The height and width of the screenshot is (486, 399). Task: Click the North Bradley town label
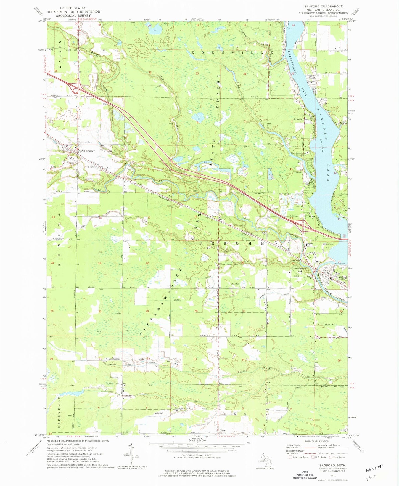tap(86, 151)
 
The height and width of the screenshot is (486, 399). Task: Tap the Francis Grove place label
tap(301, 119)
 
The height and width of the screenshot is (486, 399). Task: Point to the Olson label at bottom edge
tap(222, 430)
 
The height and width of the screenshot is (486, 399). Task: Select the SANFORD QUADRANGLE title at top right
tap(319, 6)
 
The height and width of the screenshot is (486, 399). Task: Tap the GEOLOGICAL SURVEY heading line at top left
tap(73, 16)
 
